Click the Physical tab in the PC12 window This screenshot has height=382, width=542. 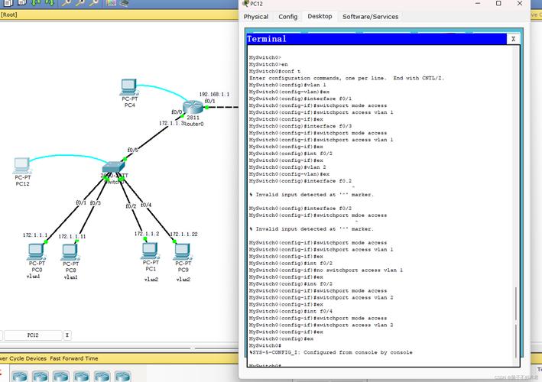point(256,16)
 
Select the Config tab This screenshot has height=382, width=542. point(288,16)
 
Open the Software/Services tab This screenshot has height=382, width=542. point(370,16)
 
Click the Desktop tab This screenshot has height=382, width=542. point(320,16)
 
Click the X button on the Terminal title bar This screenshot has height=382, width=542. point(513,39)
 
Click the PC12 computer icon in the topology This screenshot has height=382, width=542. point(22,165)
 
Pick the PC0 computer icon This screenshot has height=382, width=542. point(36,251)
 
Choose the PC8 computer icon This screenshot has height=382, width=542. point(71,251)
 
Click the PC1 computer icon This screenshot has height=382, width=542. point(150,250)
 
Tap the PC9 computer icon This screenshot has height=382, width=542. point(183,250)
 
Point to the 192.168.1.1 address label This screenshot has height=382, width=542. point(214,94)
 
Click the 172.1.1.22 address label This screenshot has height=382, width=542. point(184,234)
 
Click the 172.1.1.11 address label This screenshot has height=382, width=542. point(71,236)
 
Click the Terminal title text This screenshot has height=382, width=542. point(267,39)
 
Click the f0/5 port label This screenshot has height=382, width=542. point(132,150)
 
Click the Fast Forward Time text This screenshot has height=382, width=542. point(74,358)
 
